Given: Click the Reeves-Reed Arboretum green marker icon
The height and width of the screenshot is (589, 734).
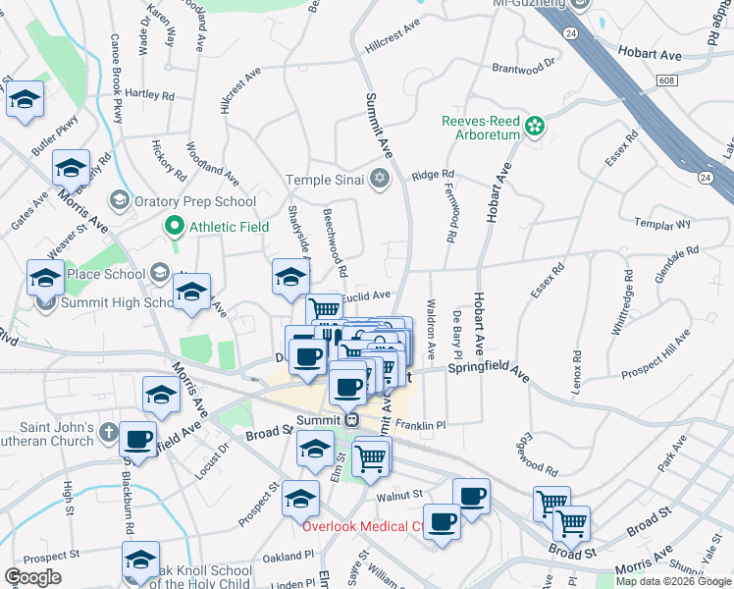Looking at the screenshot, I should [535, 126].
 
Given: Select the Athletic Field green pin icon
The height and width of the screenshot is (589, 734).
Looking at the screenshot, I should [175, 227].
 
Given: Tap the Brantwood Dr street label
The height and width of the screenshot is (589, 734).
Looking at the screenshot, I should [523, 70].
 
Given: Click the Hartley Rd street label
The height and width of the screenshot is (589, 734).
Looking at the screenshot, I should [149, 96].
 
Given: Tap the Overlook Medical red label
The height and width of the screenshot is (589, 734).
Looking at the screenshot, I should [361, 526].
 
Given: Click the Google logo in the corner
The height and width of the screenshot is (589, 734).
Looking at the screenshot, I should [32, 577].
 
